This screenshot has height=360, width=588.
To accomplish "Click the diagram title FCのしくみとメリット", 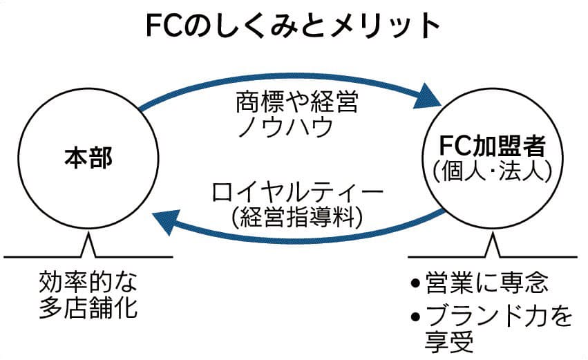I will click(x=293, y=26).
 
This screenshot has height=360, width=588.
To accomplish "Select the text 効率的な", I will click(x=88, y=282).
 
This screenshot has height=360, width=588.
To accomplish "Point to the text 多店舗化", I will click(x=88, y=307).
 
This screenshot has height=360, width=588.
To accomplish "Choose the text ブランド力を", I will click(x=497, y=316).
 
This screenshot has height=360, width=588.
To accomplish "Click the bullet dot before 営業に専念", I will click(x=415, y=284).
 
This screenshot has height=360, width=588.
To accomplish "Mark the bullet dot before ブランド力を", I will click(x=415, y=317).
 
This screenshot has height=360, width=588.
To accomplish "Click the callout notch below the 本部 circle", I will click(x=88, y=245).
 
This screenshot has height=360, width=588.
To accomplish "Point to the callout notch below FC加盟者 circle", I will click(x=491, y=245).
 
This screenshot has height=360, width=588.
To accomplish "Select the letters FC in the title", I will click(x=163, y=26).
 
